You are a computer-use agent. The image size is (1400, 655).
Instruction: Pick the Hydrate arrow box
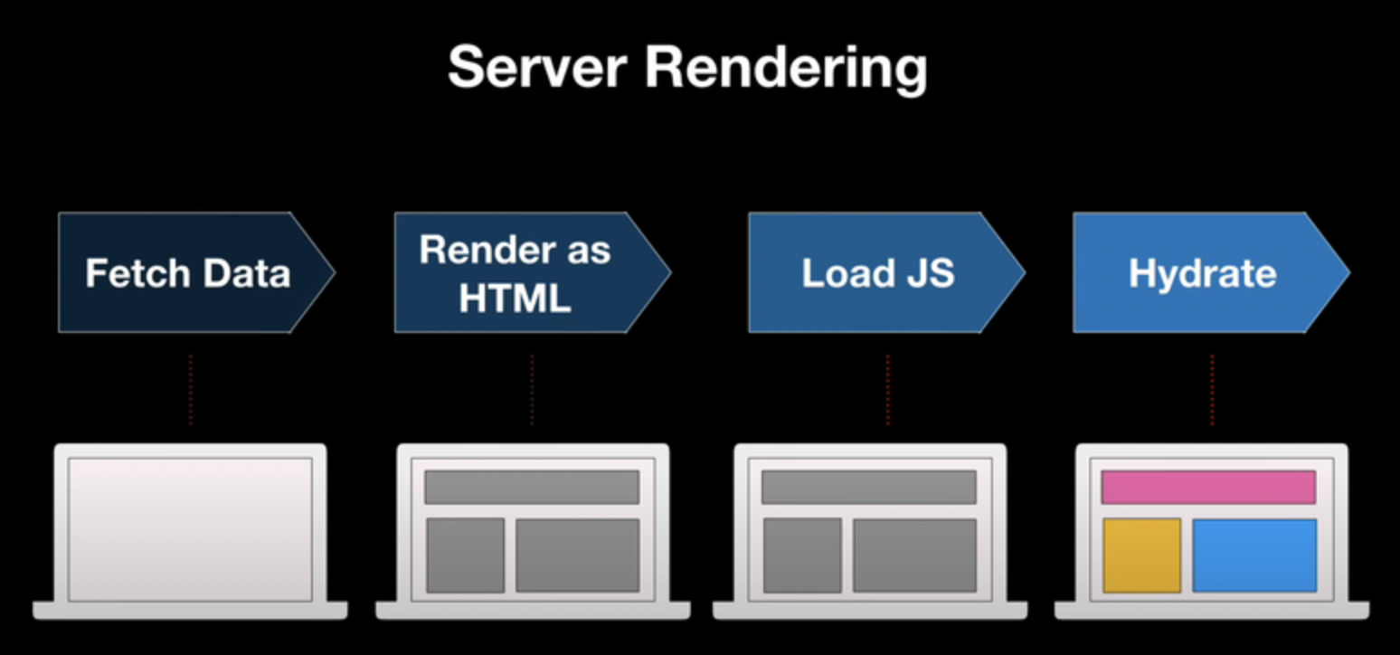(x=1203, y=272)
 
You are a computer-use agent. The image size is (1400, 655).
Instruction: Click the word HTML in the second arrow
(x=515, y=299)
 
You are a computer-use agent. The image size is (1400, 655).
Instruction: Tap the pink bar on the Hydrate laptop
(x=1208, y=487)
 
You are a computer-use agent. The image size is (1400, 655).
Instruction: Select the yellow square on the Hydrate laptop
(x=1141, y=555)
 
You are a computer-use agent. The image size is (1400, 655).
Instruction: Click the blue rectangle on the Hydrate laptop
(x=1254, y=555)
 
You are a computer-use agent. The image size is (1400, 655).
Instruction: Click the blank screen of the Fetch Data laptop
(x=190, y=528)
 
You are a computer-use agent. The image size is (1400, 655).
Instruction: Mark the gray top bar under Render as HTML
(x=532, y=487)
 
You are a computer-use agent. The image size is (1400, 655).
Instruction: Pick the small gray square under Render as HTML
(x=465, y=555)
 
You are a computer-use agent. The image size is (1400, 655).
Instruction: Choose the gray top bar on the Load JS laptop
(x=868, y=487)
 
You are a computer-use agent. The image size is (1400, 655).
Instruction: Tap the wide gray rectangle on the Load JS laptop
(x=914, y=555)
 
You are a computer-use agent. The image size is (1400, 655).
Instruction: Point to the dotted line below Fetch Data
(x=191, y=390)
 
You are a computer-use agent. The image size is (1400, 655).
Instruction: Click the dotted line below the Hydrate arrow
(x=1212, y=390)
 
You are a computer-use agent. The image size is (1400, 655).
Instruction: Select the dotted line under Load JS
(x=888, y=390)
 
